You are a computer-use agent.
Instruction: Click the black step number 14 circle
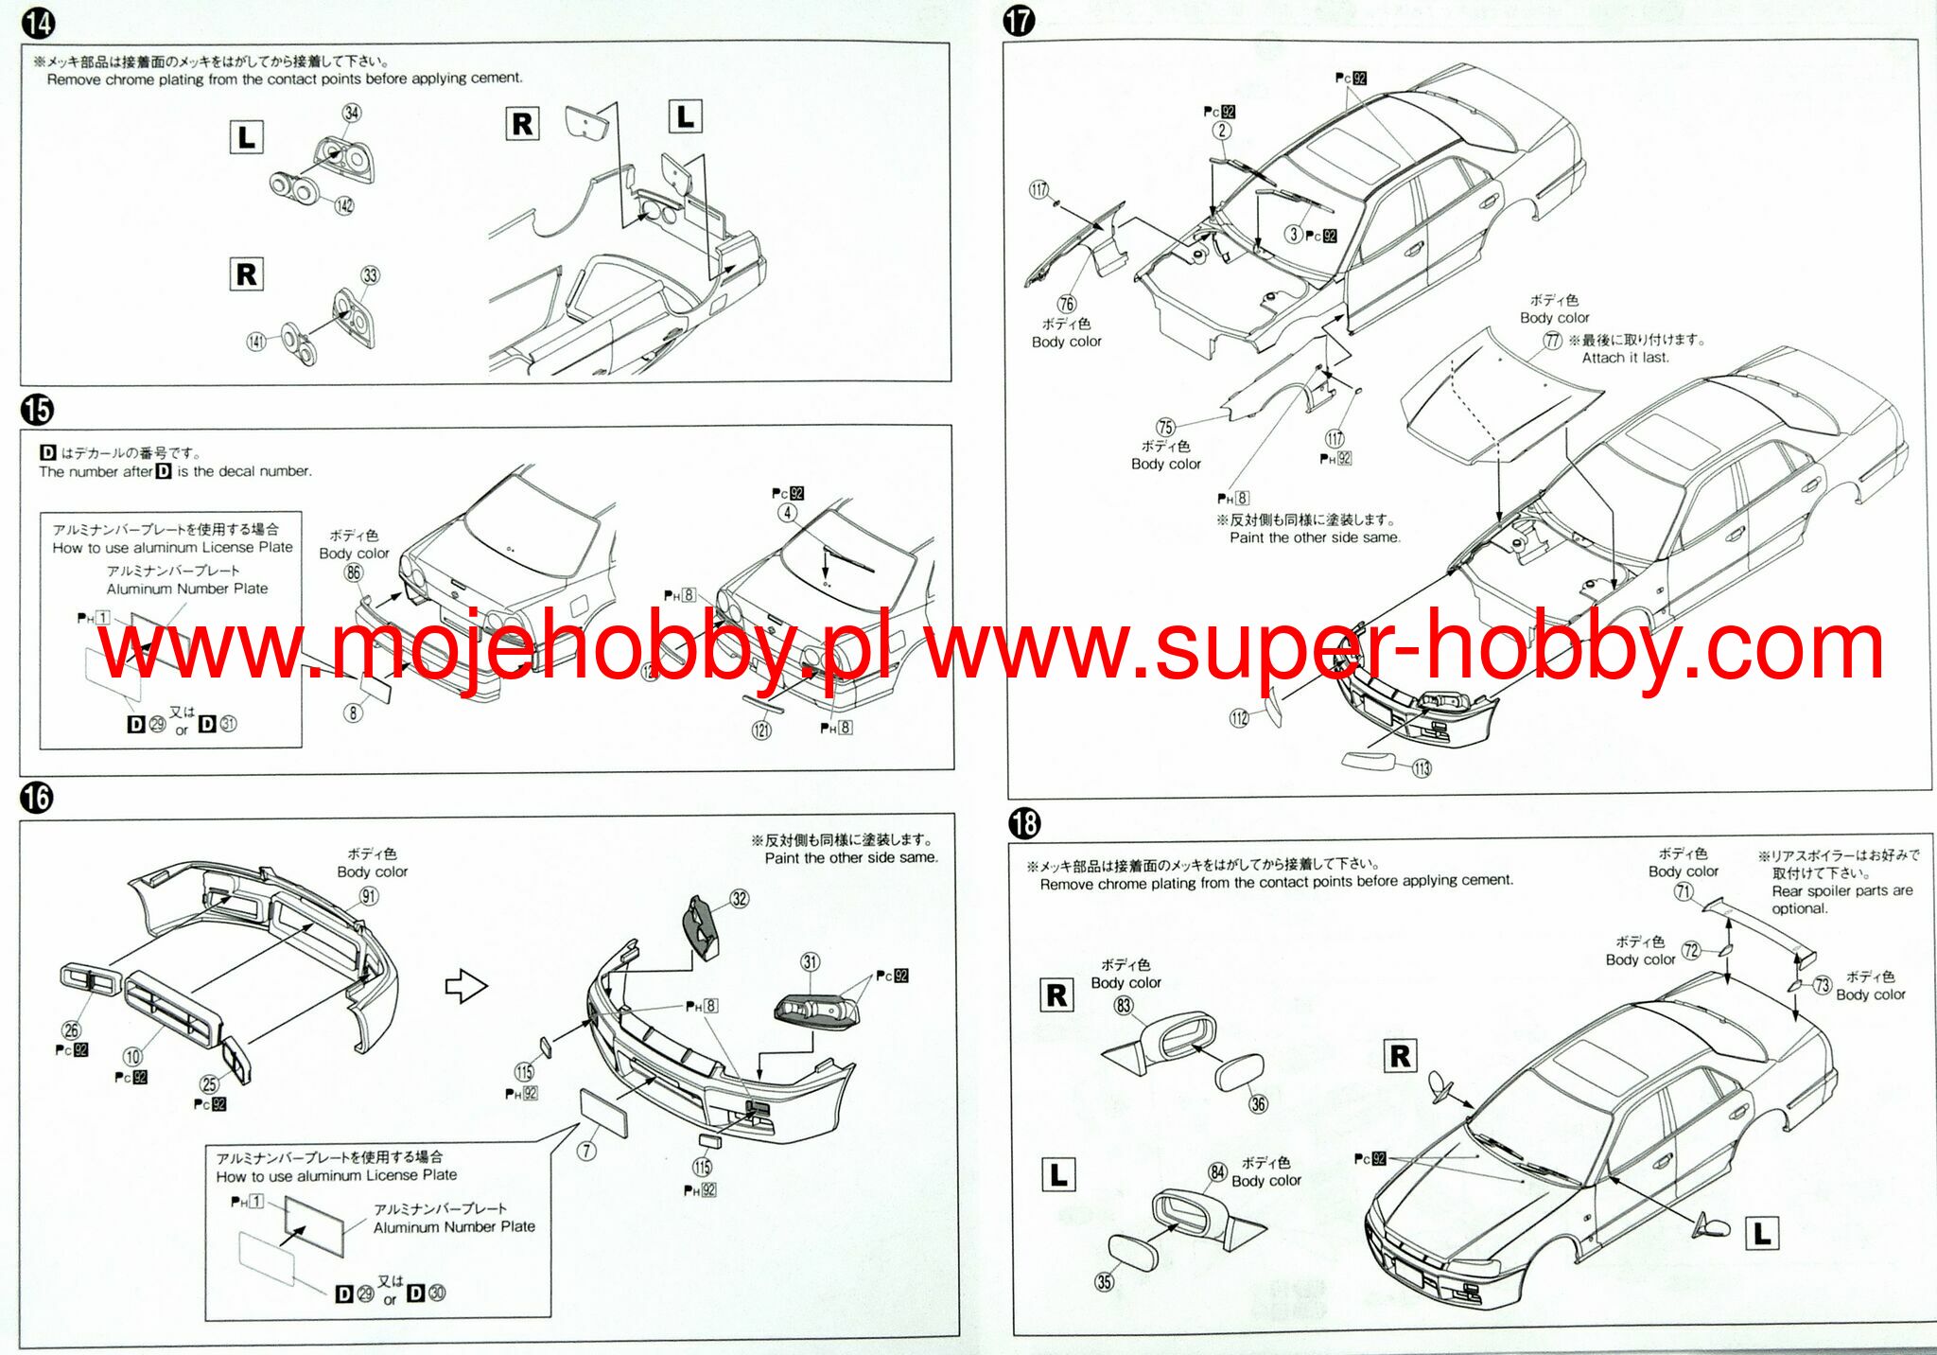39,23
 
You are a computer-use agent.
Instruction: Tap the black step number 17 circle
1019,21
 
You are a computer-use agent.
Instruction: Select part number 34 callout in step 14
351,113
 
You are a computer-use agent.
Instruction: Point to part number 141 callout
256,341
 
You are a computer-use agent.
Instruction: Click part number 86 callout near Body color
354,572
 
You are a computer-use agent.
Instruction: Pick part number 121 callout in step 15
761,730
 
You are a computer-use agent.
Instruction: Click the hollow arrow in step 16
465,986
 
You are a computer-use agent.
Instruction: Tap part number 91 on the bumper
369,896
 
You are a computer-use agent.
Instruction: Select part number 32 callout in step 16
740,899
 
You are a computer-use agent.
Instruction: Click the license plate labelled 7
603,1113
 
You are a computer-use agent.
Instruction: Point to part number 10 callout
132,1057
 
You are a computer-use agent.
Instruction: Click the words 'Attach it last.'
1625,358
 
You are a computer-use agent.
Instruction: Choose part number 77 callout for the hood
1552,340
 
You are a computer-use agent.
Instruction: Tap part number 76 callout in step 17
1067,304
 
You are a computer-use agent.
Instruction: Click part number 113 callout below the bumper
1422,768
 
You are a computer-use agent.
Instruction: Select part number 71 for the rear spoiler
1684,891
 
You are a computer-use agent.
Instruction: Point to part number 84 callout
1217,1172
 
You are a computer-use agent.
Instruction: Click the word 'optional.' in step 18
1799,908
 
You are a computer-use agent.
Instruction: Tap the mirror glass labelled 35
1131,1253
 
